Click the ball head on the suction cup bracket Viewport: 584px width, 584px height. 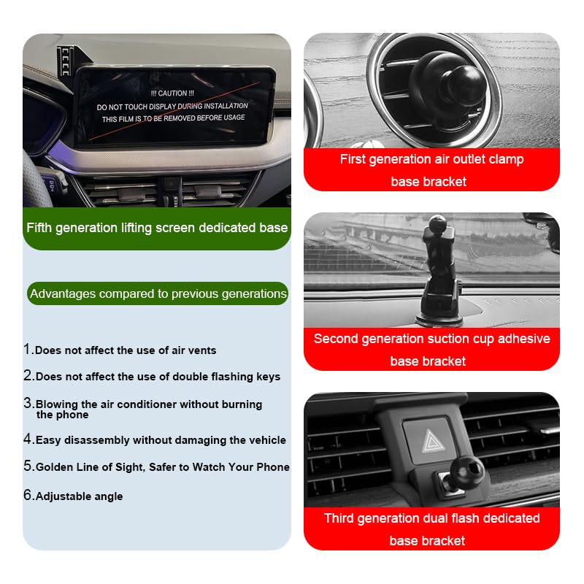(x=437, y=223)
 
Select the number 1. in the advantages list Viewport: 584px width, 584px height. (x=28, y=350)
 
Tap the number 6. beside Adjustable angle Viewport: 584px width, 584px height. (x=28, y=496)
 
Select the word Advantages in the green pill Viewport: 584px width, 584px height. (x=63, y=293)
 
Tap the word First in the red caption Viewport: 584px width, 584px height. (x=353, y=159)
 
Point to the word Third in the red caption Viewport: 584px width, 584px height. (x=339, y=518)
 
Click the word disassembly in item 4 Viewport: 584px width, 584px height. (x=95, y=440)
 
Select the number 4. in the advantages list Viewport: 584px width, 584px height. (x=28, y=439)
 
